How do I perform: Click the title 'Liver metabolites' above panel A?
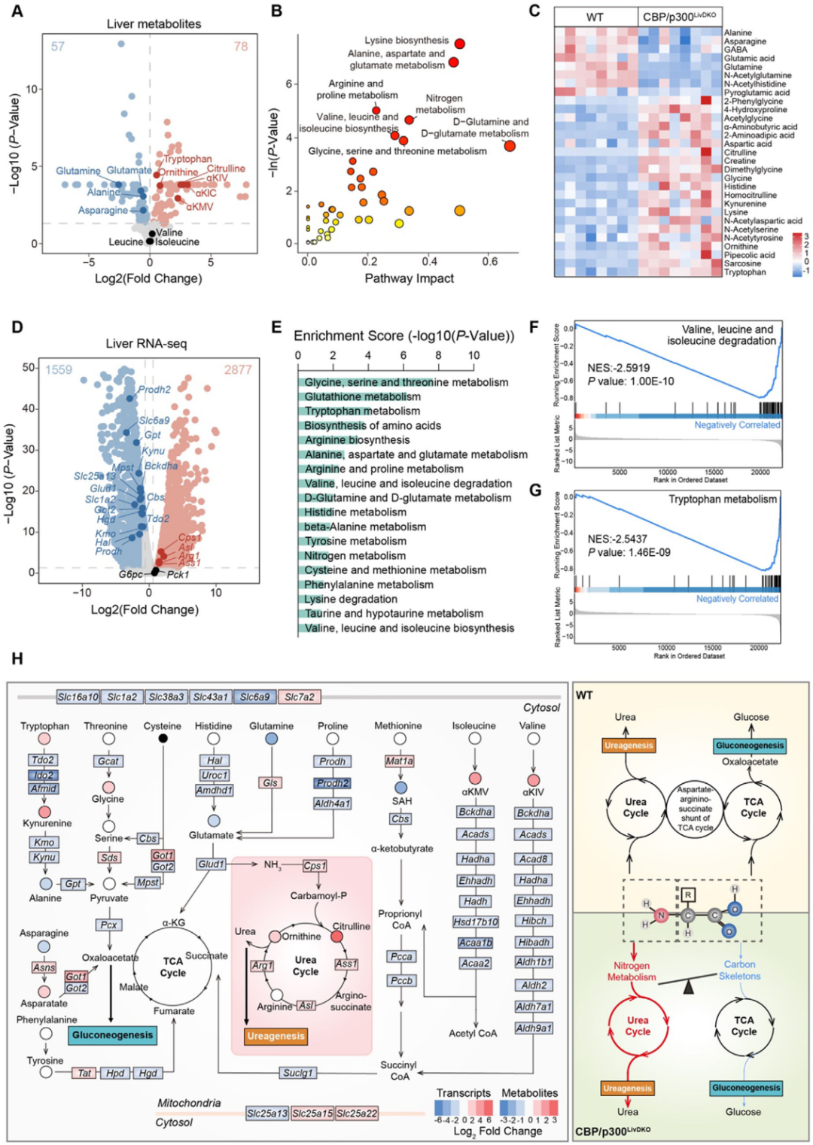pos(154,24)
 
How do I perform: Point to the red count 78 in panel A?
pos(241,47)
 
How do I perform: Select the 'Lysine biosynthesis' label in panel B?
pos(406,41)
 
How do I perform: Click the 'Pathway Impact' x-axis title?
pos(409,278)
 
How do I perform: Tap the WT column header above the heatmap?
pos(595,17)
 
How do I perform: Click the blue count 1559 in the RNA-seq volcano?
pos(59,369)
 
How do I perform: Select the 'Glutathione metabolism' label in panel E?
pos(362,396)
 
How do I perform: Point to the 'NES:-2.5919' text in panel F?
pos(618,368)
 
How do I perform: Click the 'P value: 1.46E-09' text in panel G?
pos(629,552)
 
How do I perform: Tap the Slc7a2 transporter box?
pos(300,697)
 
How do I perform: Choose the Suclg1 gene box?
pos(298,1073)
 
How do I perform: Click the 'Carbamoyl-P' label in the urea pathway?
pos(318,896)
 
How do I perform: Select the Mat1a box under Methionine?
pos(399,761)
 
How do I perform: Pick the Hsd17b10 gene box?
pos(475,922)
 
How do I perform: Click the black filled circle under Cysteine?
pos(163,739)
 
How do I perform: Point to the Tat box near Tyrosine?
pos(85,1073)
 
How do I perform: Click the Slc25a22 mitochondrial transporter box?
pos(357,1113)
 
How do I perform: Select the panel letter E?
pos(276,327)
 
